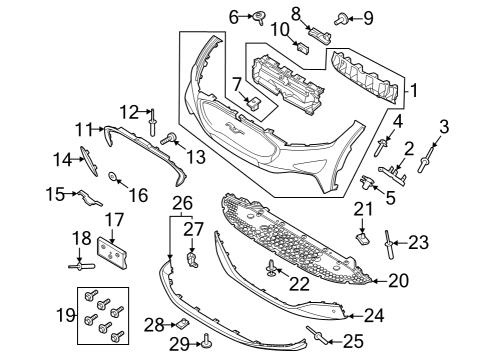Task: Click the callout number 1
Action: pyautogui.click(x=413, y=93)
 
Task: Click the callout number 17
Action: pyautogui.click(x=116, y=218)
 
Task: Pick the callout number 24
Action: pyautogui.click(x=373, y=316)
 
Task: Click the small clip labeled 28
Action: pyautogui.click(x=183, y=323)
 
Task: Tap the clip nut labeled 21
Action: pyautogui.click(x=363, y=239)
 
